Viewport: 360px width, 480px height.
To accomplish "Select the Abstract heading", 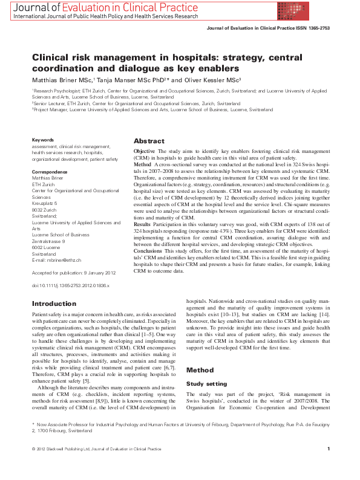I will tap(149, 141).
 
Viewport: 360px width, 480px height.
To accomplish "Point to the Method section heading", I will tap(201, 369).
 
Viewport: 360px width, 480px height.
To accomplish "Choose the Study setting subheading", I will tap(207, 383).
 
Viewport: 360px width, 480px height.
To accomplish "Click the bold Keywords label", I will tap(42, 140).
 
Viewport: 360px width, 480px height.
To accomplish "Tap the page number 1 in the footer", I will tap(328, 465).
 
